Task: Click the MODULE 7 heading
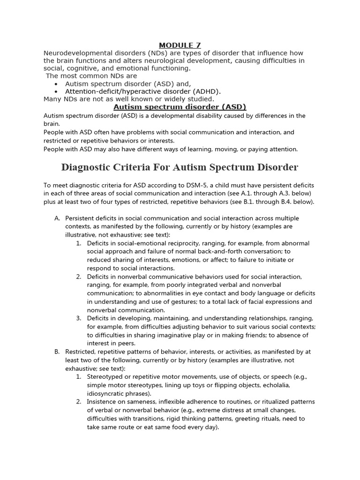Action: click(x=180, y=45)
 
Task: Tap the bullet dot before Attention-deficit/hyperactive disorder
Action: click(x=56, y=92)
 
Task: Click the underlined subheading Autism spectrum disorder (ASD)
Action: click(x=180, y=107)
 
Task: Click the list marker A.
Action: click(x=57, y=218)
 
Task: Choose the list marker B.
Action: click(x=57, y=352)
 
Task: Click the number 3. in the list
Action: click(x=79, y=319)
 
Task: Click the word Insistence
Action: click(x=103, y=402)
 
